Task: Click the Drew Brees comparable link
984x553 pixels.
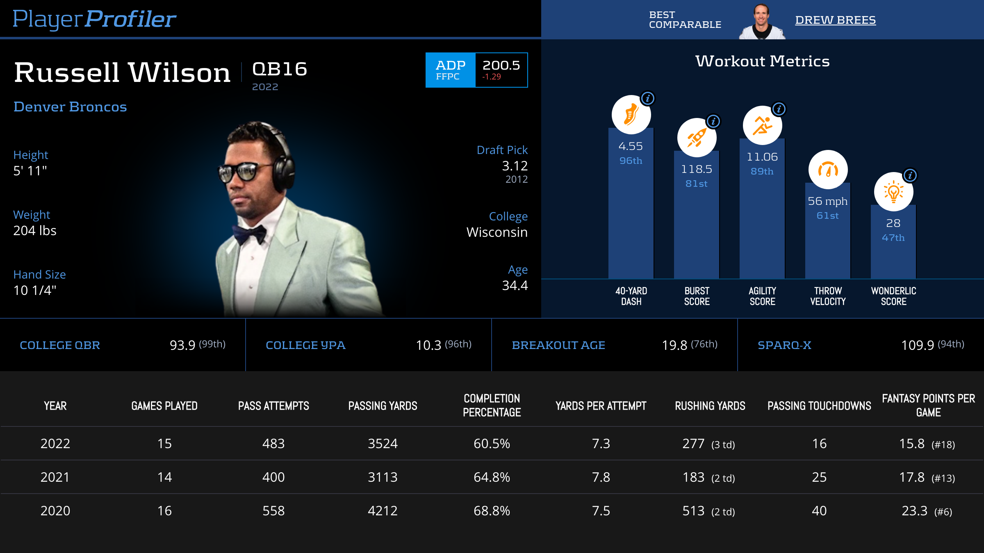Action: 835,20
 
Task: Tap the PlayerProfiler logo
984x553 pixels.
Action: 94,19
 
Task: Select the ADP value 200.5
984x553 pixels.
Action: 501,66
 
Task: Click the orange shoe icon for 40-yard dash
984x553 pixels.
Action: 631,115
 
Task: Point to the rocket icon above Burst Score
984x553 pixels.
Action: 697,138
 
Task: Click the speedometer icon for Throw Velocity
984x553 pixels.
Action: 828,170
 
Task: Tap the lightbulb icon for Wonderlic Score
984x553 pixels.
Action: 893,192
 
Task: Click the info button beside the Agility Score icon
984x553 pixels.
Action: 779,109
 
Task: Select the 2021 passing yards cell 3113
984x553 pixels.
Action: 383,477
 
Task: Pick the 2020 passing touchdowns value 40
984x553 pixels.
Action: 819,511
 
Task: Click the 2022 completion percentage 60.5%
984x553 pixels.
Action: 492,444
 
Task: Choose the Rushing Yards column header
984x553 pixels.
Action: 710,406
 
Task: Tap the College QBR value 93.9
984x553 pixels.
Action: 182,345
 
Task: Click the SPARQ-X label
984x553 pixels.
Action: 784,345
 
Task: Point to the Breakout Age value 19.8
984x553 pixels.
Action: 674,345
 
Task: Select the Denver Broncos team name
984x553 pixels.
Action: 70,107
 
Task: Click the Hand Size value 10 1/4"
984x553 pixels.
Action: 35,290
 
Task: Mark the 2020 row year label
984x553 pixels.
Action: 55,511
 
